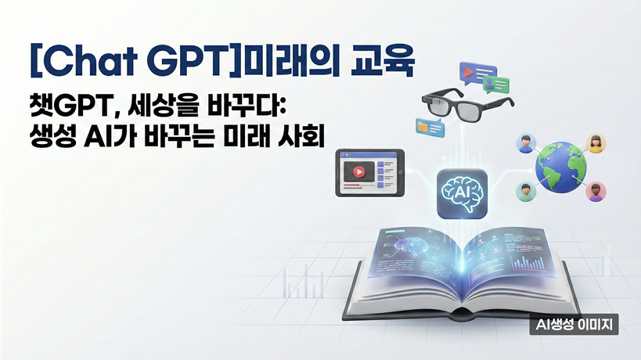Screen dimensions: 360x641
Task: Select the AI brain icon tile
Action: [463, 192]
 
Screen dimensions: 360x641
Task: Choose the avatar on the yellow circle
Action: [596, 142]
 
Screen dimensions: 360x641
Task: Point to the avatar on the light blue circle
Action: [524, 143]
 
